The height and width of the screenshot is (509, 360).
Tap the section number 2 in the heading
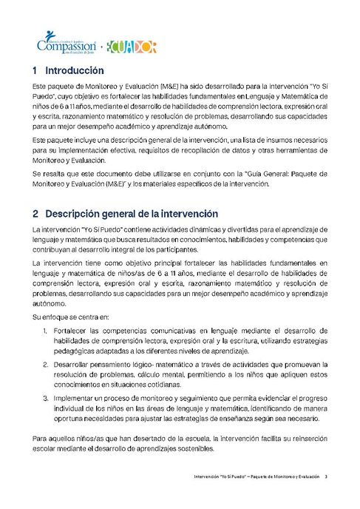coord(35,213)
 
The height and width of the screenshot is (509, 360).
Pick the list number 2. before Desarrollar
coord(44,365)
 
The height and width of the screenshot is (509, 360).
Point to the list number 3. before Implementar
coord(44,398)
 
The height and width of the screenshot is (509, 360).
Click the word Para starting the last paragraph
coord(41,439)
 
